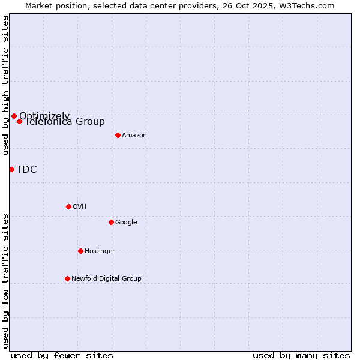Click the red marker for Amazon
[x=118, y=135]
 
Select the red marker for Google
[x=111, y=222]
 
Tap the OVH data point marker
[x=68, y=206]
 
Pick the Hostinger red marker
[x=80, y=251]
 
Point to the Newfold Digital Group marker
[x=67, y=278]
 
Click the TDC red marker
[x=11, y=169]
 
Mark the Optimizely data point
[x=14, y=116]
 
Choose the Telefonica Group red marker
[x=19, y=121]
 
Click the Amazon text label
[x=134, y=136]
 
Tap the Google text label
[x=126, y=223]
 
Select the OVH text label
[x=80, y=207]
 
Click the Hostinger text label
[x=100, y=251]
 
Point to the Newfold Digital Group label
[x=106, y=279]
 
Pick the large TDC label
[x=27, y=170]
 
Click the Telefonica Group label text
[x=65, y=122]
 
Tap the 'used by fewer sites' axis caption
[x=62, y=355]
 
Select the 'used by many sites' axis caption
[x=301, y=355]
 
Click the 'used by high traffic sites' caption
[x=5, y=86]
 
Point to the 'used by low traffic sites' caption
[x=5, y=281]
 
